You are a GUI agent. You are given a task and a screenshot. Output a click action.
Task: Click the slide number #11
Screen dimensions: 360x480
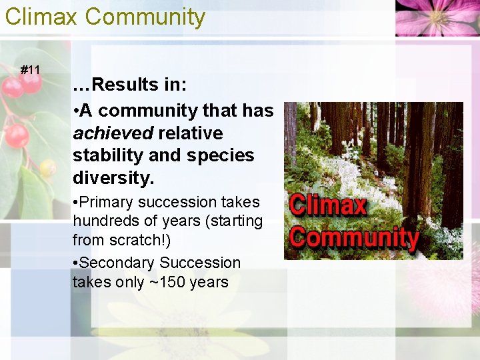[x=30, y=69]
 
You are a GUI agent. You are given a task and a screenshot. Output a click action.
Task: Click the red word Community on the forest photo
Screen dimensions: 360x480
[x=353, y=237]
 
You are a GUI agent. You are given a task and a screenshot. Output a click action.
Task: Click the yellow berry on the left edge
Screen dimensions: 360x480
[x=47, y=168]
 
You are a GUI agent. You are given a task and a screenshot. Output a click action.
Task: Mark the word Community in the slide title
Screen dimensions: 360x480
[x=145, y=16]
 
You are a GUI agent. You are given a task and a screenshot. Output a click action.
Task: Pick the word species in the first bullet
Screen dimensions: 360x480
[x=225, y=155]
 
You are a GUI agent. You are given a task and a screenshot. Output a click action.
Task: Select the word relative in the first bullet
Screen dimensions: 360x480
[x=190, y=133]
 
